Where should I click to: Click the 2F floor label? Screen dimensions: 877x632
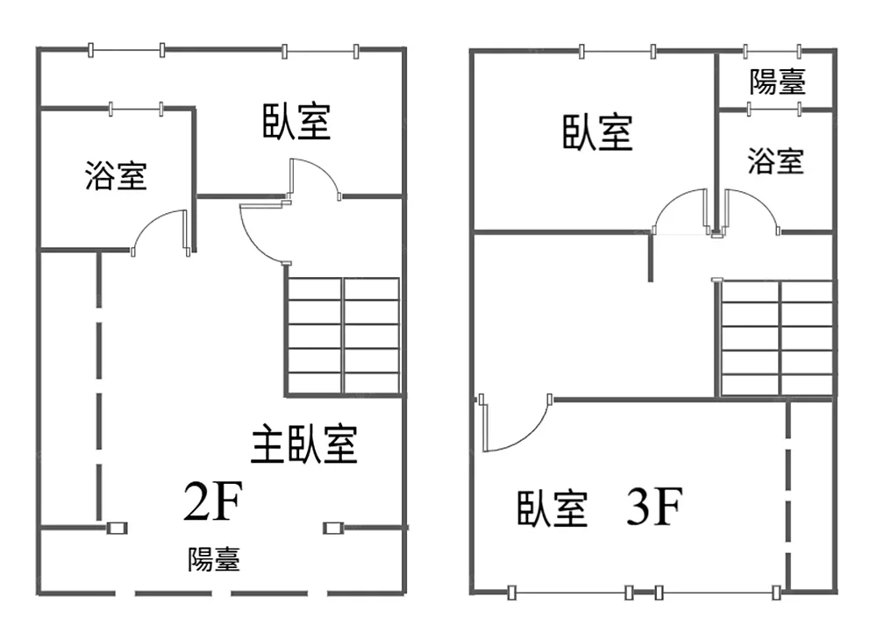(x=213, y=501)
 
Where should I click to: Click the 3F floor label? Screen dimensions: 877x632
(x=654, y=507)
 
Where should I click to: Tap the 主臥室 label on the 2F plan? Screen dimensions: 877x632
(x=303, y=444)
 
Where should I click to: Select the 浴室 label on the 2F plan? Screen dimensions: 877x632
(x=116, y=175)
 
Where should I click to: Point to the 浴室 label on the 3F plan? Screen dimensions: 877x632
(x=776, y=161)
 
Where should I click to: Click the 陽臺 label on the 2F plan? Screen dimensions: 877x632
(x=214, y=558)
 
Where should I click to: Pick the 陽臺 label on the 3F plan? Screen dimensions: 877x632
(x=777, y=82)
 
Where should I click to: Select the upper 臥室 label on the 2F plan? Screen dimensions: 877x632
(x=296, y=121)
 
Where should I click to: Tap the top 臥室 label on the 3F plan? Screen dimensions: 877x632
(x=597, y=132)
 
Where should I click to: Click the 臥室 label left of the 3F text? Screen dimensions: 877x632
(x=552, y=508)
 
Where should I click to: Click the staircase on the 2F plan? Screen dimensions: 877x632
(x=344, y=337)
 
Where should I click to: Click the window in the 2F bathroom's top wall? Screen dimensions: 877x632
(x=136, y=109)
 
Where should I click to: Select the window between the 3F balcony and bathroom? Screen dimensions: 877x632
(x=774, y=109)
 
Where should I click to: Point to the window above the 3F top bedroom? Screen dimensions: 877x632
(x=617, y=52)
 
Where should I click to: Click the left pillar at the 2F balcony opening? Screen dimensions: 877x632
(x=117, y=528)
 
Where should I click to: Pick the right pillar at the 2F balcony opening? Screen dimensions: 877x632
(x=333, y=528)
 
